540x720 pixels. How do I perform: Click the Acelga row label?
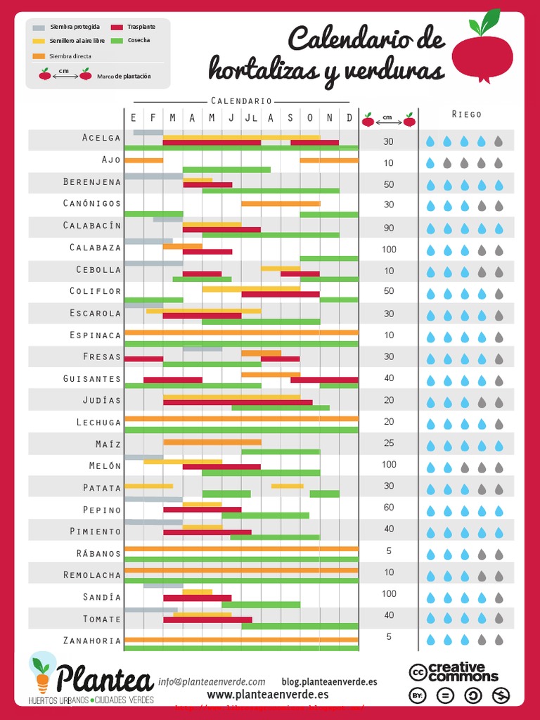pyautogui.click(x=101, y=138)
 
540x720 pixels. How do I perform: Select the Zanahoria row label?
pyautogui.click(x=92, y=641)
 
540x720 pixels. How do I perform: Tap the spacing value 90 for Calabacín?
pyautogui.click(x=389, y=228)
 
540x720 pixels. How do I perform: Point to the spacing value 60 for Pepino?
pyautogui.click(x=389, y=508)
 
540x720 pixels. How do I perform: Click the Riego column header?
pyautogui.click(x=467, y=114)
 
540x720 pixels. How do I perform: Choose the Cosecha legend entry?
pyautogui.click(x=139, y=41)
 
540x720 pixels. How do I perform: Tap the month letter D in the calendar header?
pyautogui.click(x=349, y=118)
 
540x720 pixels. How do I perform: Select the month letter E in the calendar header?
pyautogui.click(x=134, y=118)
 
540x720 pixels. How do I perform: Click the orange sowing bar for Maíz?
pyautogui.click(x=212, y=442)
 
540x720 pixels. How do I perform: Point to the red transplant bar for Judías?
pyautogui.click(x=238, y=403)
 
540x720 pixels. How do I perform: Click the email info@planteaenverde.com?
pyautogui.click(x=212, y=681)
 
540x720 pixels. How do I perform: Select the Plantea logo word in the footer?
pyautogui.click(x=104, y=679)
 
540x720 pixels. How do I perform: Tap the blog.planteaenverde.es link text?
pyautogui.click(x=329, y=681)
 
